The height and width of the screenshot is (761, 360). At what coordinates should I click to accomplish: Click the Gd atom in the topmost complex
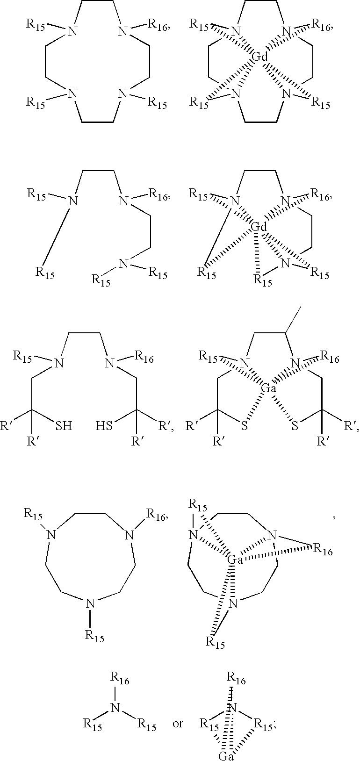259,57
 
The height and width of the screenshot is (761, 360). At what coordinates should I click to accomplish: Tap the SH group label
64,426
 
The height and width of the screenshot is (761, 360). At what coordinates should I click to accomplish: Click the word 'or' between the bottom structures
178,724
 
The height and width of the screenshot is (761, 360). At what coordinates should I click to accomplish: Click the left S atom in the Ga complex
245,426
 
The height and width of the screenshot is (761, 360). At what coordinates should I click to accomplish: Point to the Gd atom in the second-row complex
259,227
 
